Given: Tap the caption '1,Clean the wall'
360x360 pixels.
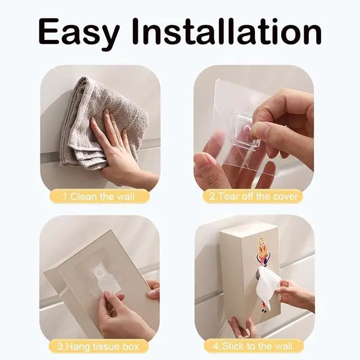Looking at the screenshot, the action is coord(98,197).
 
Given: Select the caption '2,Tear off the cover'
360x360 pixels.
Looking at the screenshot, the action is coord(253,197).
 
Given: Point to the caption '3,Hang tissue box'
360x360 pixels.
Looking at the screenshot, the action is coord(98,346).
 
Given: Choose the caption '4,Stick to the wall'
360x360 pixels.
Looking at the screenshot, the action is coord(253,346).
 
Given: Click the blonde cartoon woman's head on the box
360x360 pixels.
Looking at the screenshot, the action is coord(261,244).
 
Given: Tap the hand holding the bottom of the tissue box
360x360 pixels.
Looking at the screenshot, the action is coord(241,326).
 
